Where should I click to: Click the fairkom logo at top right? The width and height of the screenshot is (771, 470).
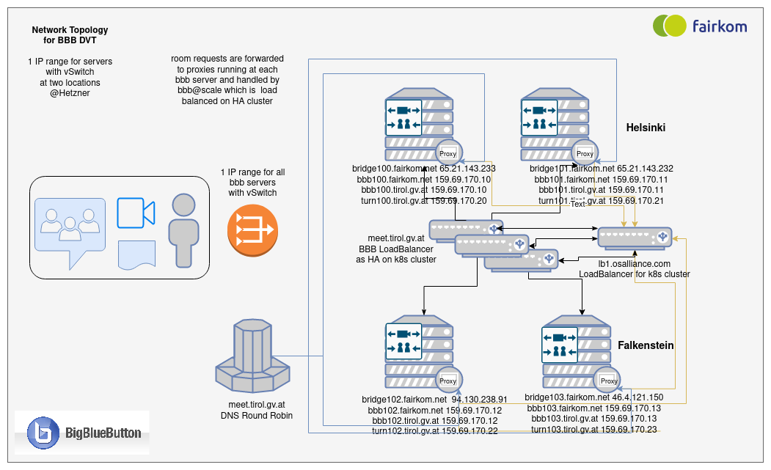[700, 26]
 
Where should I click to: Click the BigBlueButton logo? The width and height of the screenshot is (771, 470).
[82, 433]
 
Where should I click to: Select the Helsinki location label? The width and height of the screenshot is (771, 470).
[646, 128]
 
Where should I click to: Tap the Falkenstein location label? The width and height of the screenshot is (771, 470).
[646, 345]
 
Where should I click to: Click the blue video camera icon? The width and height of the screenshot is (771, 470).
[136, 212]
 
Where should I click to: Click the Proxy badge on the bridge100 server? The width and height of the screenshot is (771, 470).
[447, 153]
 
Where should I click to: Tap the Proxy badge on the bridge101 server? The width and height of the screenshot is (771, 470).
[585, 153]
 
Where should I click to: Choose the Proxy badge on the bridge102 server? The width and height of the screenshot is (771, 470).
[447, 381]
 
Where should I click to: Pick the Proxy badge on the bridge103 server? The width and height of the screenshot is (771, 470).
[608, 380]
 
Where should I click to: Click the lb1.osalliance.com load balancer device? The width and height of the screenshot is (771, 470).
[635, 236]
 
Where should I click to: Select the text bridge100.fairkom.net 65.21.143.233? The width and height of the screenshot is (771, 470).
[424, 169]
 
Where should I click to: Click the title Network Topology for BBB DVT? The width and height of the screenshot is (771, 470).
[70, 34]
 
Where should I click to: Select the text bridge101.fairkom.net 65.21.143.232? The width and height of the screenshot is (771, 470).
[602, 169]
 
